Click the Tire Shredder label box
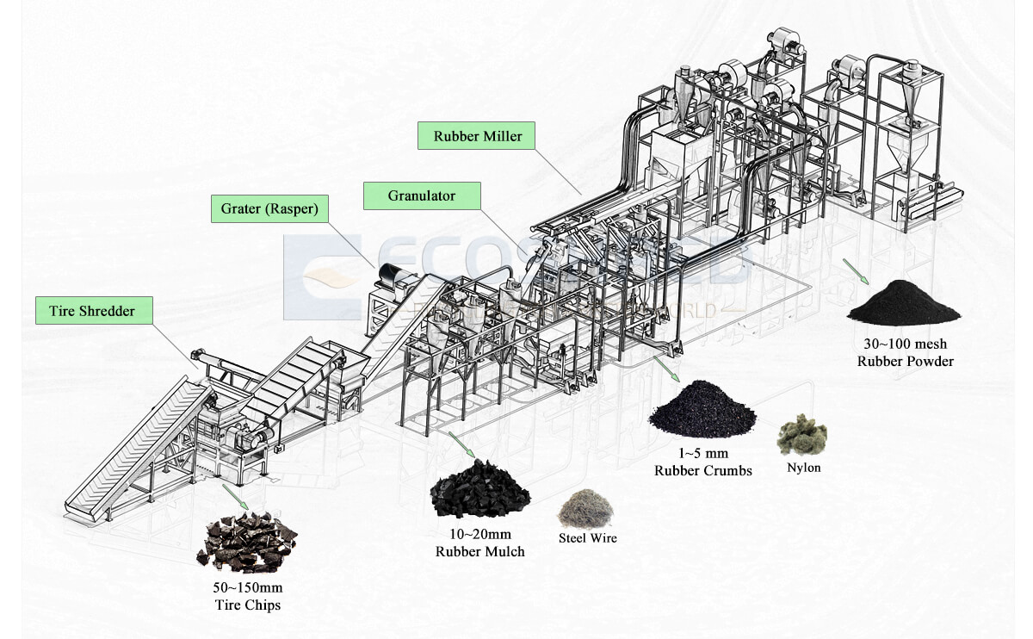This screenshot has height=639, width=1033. pyautogui.click(x=95, y=310)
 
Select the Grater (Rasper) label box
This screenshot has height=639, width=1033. pyautogui.click(x=270, y=208)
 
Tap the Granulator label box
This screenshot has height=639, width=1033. pyautogui.click(x=422, y=195)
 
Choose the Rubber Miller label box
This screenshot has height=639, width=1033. pyautogui.click(x=477, y=136)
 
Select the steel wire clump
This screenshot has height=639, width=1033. pyautogui.click(x=585, y=509)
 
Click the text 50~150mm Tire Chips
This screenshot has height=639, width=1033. pyautogui.click(x=247, y=596)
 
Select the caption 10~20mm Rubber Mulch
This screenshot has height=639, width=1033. pyautogui.click(x=479, y=543)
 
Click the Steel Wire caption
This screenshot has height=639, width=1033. pyautogui.click(x=588, y=538)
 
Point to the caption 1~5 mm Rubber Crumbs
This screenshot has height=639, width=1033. pyautogui.click(x=702, y=462)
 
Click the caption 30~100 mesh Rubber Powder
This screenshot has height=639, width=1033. pyautogui.click(x=905, y=353)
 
